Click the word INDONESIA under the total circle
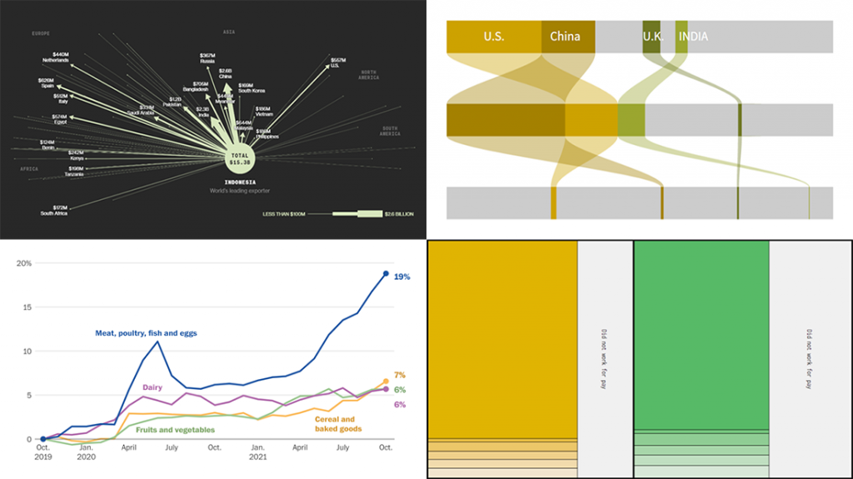240,181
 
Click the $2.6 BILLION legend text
397,214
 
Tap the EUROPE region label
41,32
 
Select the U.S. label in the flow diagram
494,37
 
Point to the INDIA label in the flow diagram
694,37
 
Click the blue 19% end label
402,276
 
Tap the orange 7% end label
399,376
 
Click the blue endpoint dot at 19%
386,273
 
